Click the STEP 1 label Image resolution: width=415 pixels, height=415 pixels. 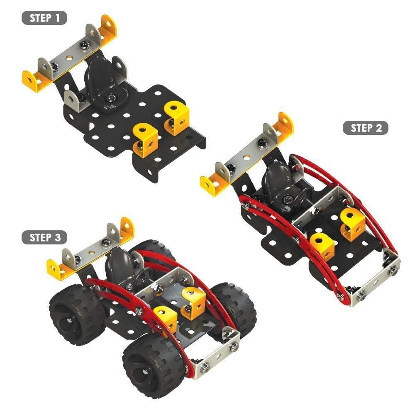click(44, 18)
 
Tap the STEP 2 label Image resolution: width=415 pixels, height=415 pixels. click(366, 128)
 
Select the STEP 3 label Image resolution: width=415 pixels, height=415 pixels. click(44, 237)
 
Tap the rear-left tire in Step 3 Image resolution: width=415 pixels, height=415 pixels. click(76, 315)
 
